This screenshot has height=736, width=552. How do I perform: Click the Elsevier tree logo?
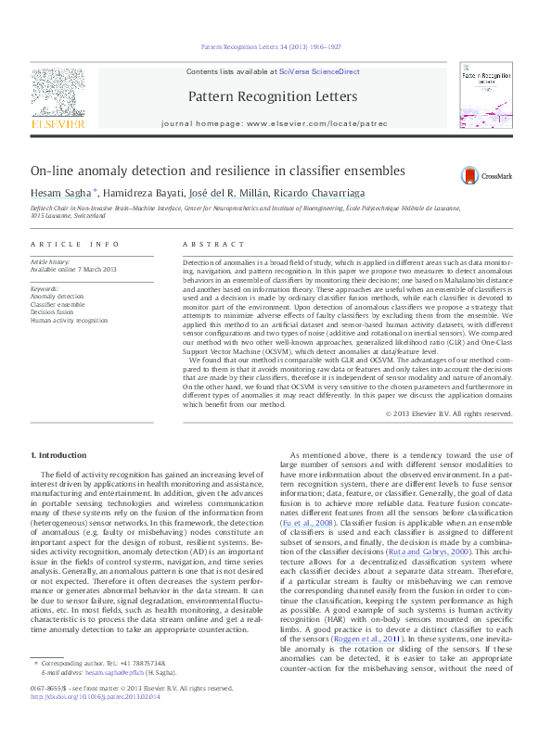[x=58, y=93]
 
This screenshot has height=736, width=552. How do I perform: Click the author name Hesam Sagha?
[x=60, y=192]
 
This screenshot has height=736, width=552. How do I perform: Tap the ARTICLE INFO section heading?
[x=75, y=244]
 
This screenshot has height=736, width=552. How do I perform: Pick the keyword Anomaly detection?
[x=58, y=297]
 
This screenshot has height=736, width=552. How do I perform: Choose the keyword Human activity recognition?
[x=70, y=320]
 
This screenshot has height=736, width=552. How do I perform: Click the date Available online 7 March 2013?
[x=74, y=270]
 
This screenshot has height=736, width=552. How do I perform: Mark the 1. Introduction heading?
[x=60, y=456]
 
